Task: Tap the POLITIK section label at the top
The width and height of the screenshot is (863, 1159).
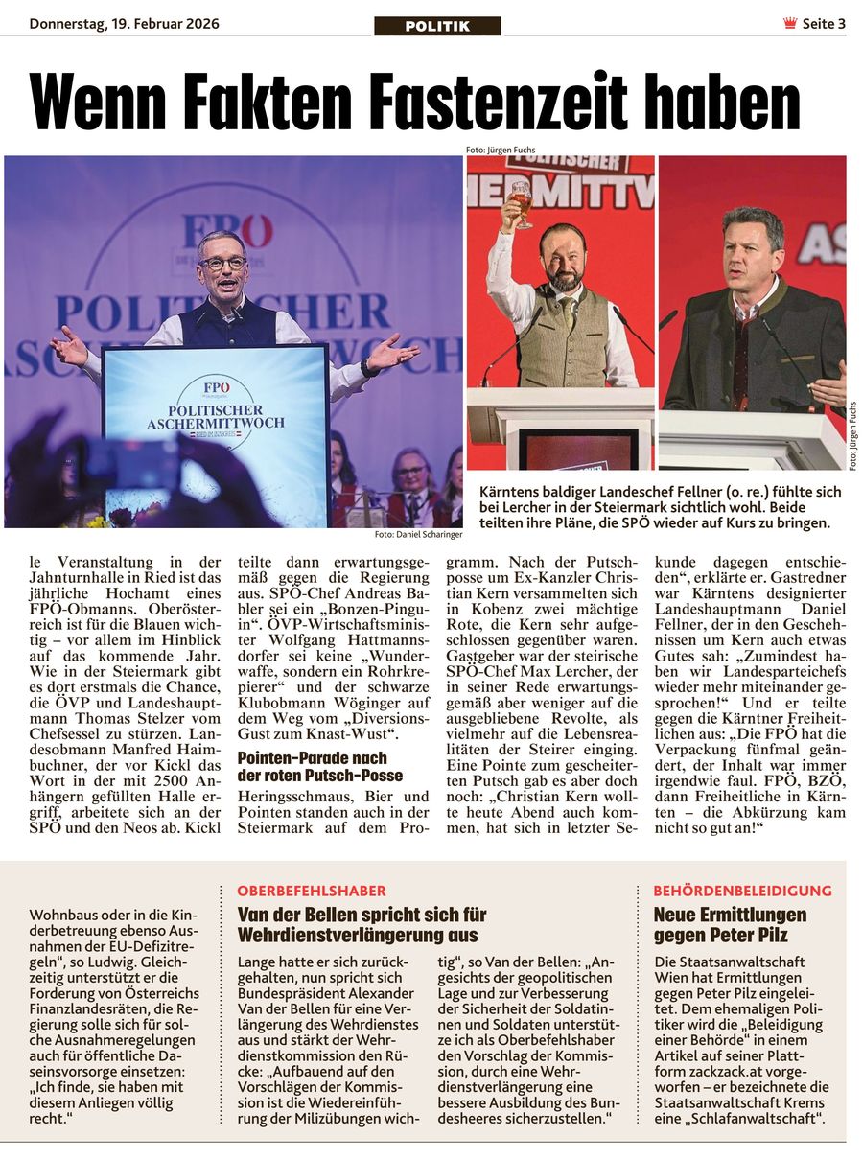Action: [437, 26]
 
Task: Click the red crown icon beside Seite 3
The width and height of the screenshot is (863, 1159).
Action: [790, 24]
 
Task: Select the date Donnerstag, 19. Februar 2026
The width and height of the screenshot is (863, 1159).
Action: [124, 23]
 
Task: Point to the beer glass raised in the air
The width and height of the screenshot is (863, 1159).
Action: [521, 201]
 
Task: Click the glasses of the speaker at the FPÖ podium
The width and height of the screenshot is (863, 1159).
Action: [222, 262]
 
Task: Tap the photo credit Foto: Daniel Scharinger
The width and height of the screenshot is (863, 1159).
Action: [418, 534]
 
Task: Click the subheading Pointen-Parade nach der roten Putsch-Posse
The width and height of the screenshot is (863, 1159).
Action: [320, 767]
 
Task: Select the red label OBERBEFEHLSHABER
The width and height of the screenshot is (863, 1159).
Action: [312, 891]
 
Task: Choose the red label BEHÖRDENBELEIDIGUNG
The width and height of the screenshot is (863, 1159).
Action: [742, 891]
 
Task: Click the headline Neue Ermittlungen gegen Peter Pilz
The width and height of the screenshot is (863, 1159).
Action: [730, 925]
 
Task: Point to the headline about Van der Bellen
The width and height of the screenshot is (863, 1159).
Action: [362, 925]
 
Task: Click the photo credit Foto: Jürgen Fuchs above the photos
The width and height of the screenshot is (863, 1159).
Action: [501, 150]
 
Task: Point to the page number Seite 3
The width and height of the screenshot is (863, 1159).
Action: [824, 24]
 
